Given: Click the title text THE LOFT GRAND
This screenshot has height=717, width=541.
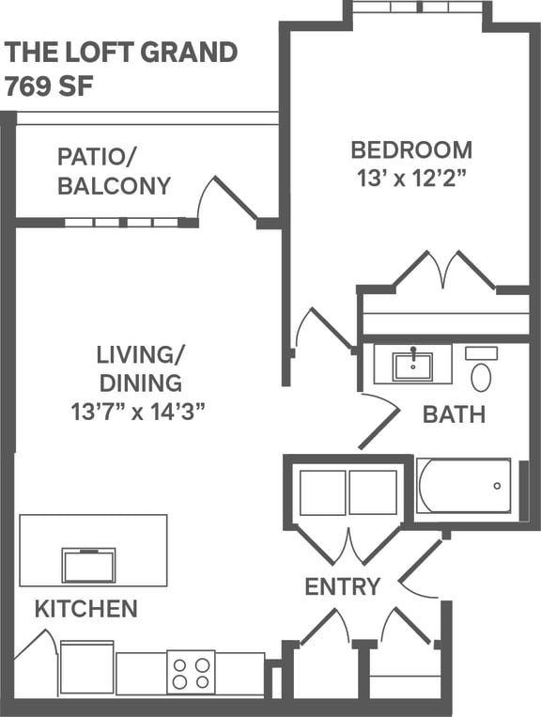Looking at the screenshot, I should coord(121,53).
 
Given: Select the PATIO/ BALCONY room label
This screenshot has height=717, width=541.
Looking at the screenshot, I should coord(114,171).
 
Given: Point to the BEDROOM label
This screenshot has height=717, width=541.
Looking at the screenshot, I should coord(411,149).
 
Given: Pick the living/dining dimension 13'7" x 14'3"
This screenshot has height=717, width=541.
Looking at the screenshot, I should coord(138,411).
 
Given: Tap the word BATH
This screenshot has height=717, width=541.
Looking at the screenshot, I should coord(454,413).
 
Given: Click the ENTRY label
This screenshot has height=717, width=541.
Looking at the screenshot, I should coord(343,587).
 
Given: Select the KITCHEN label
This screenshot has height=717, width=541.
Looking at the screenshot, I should coord(86,609).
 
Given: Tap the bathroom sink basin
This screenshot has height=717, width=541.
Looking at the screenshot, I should coord(412,364).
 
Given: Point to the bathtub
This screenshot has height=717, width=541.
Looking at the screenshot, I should coord(463,486).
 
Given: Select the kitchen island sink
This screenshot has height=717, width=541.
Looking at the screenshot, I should coord(88,565).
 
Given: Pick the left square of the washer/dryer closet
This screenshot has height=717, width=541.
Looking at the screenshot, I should coord(322,492).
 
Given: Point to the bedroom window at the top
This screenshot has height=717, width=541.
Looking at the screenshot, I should coord(417,8).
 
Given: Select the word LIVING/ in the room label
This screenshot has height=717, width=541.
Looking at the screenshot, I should coord(141,354).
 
